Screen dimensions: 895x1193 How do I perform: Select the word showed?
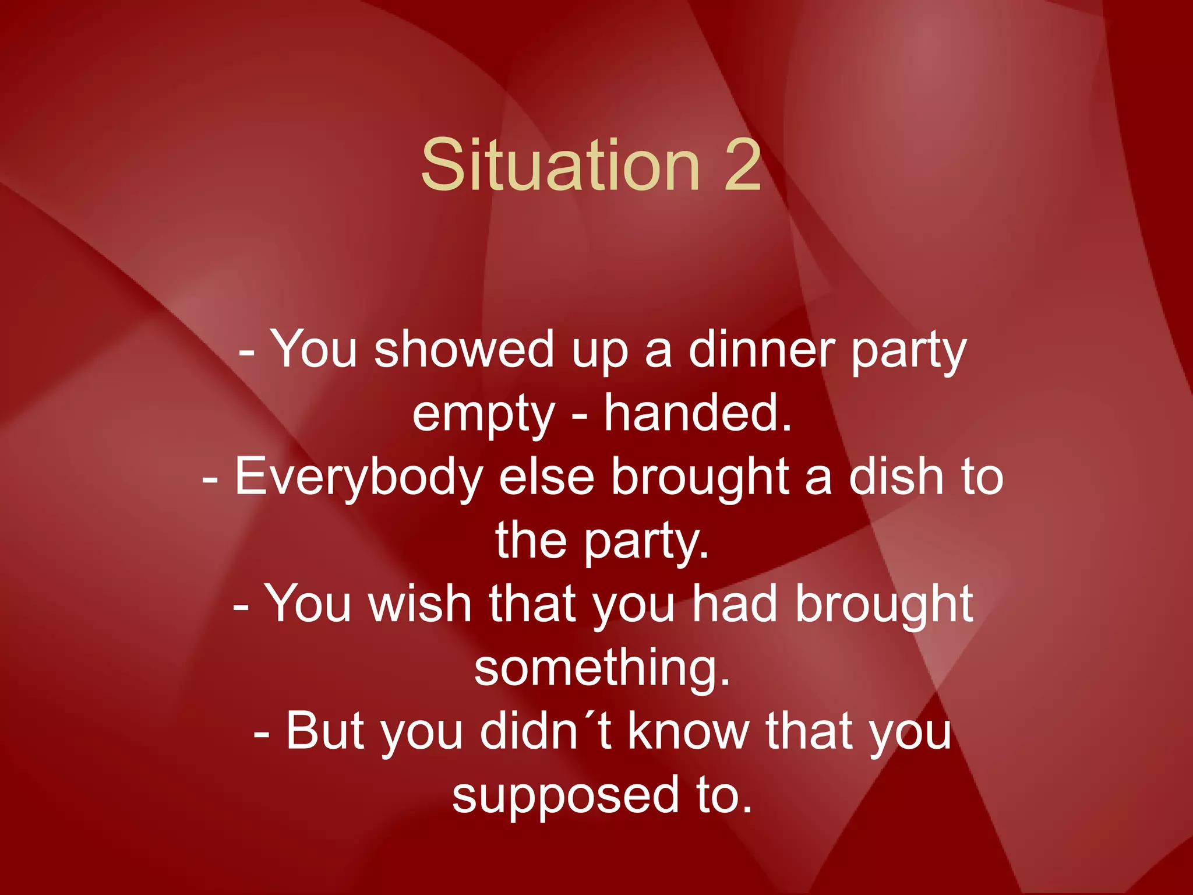464,350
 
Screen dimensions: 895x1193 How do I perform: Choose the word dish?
896,477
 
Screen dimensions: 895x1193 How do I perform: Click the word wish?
419,604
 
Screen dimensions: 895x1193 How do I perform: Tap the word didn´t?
546,731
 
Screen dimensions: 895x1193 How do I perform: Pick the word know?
688,731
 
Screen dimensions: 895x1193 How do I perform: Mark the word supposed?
566,796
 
